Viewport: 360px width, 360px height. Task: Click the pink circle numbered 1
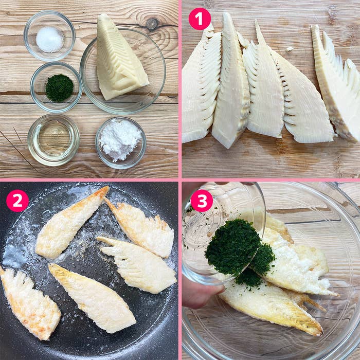200,19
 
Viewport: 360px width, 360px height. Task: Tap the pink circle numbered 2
17,201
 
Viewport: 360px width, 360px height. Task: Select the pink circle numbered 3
201,201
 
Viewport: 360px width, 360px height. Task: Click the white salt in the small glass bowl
49,39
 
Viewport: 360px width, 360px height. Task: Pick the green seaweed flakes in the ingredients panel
59,88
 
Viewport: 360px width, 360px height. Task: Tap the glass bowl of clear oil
53,139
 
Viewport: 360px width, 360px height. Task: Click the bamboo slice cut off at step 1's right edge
339,87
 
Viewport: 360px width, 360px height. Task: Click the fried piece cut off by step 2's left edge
28,303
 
